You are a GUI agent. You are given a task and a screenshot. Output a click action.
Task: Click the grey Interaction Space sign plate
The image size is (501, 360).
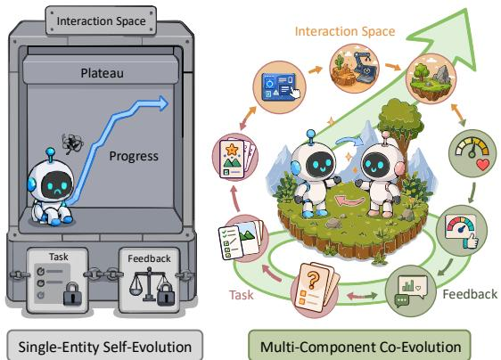tap(101, 20)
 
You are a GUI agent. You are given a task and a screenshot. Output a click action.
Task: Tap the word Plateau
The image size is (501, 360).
tap(102, 73)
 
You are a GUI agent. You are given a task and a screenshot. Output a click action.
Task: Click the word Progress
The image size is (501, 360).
tap(134, 156)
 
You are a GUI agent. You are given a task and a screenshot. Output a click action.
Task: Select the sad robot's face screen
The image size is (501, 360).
tap(56, 184)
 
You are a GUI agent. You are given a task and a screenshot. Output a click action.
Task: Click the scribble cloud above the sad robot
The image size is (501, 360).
tap(72, 143)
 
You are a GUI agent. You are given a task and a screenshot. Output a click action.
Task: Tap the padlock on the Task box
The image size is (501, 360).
tap(72, 293)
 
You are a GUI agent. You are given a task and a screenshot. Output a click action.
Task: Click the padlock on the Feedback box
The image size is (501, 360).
tap(166, 294)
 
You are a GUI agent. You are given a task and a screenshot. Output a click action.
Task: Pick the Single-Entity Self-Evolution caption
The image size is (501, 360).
tap(105, 347)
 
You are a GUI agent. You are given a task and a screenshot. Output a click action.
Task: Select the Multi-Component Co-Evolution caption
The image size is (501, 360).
tap(359, 347)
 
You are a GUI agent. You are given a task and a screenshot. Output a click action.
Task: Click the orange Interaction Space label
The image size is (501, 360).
tap(345, 31)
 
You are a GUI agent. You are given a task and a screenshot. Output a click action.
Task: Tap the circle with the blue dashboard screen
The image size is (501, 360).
tap(279, 87)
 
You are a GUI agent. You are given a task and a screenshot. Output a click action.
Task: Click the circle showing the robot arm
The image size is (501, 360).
tap(354, 69)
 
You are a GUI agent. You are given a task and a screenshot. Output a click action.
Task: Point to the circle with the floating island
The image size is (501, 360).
tap(431, 78)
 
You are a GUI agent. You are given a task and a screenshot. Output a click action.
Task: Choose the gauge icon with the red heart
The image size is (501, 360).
tap(472, 153)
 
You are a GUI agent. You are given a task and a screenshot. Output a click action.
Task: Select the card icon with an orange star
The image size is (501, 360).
tap(235, 158)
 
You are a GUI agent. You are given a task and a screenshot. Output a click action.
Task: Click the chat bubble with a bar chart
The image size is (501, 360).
tap(411, 291)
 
